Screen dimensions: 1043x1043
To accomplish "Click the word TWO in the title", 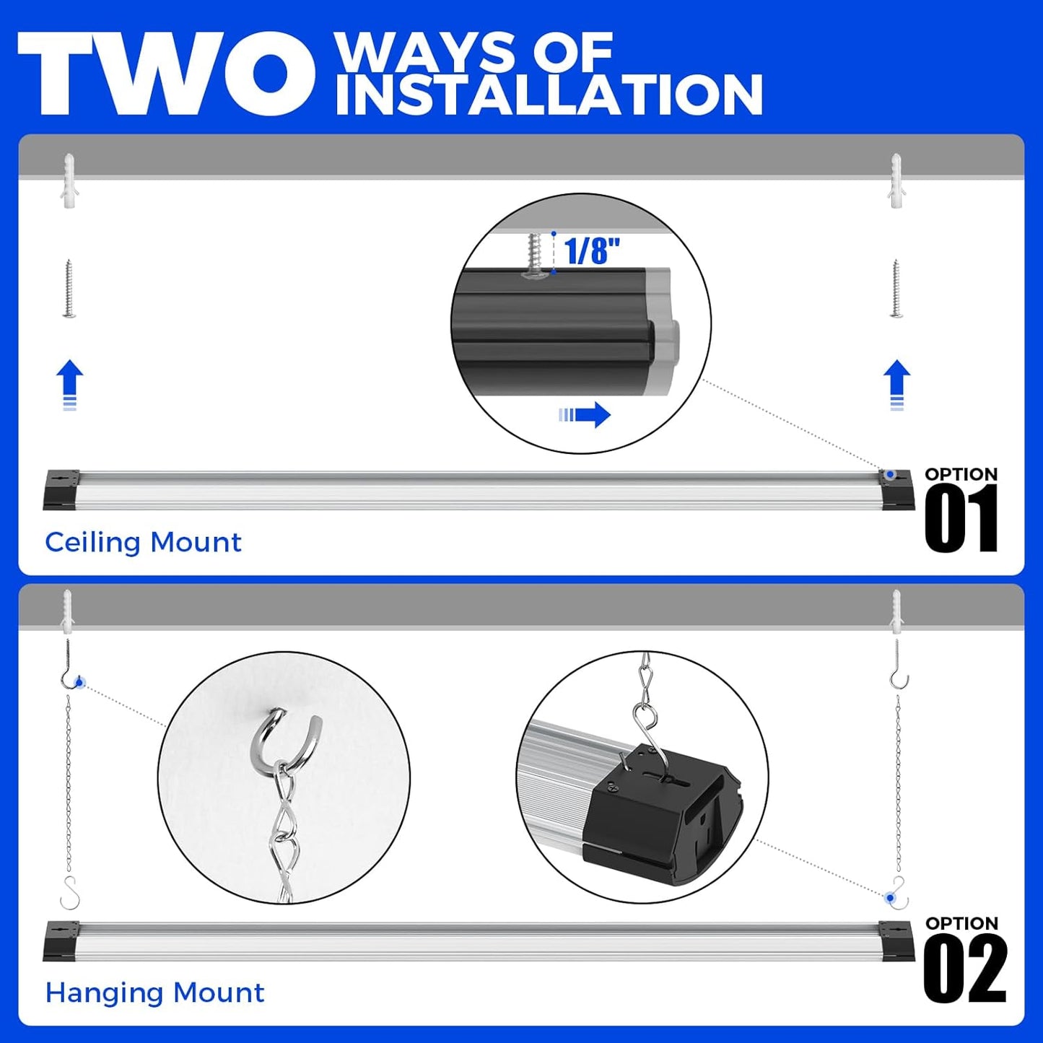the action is [x=166, y=74].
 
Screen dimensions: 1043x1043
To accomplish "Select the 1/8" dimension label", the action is [x=591, y=251].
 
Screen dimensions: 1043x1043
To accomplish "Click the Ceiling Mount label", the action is [x=143, y=542].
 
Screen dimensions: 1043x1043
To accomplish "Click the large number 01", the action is [x=961, y=518].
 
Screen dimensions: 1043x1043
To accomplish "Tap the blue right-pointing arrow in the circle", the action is [x=585, y=415].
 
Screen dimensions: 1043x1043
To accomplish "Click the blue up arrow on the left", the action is [x=70, y=385].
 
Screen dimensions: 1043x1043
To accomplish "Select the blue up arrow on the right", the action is [x=897, y=385].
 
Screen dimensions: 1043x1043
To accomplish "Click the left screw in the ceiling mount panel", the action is [x=69, y=289].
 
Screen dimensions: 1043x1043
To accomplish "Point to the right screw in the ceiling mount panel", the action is [x=896, y=289].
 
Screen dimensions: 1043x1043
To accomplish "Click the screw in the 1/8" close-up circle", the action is [x=536, y=256].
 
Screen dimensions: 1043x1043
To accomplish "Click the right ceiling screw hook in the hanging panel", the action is [x=899, y=664].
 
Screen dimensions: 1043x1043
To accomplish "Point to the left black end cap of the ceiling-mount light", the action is [x=61, y=490].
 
